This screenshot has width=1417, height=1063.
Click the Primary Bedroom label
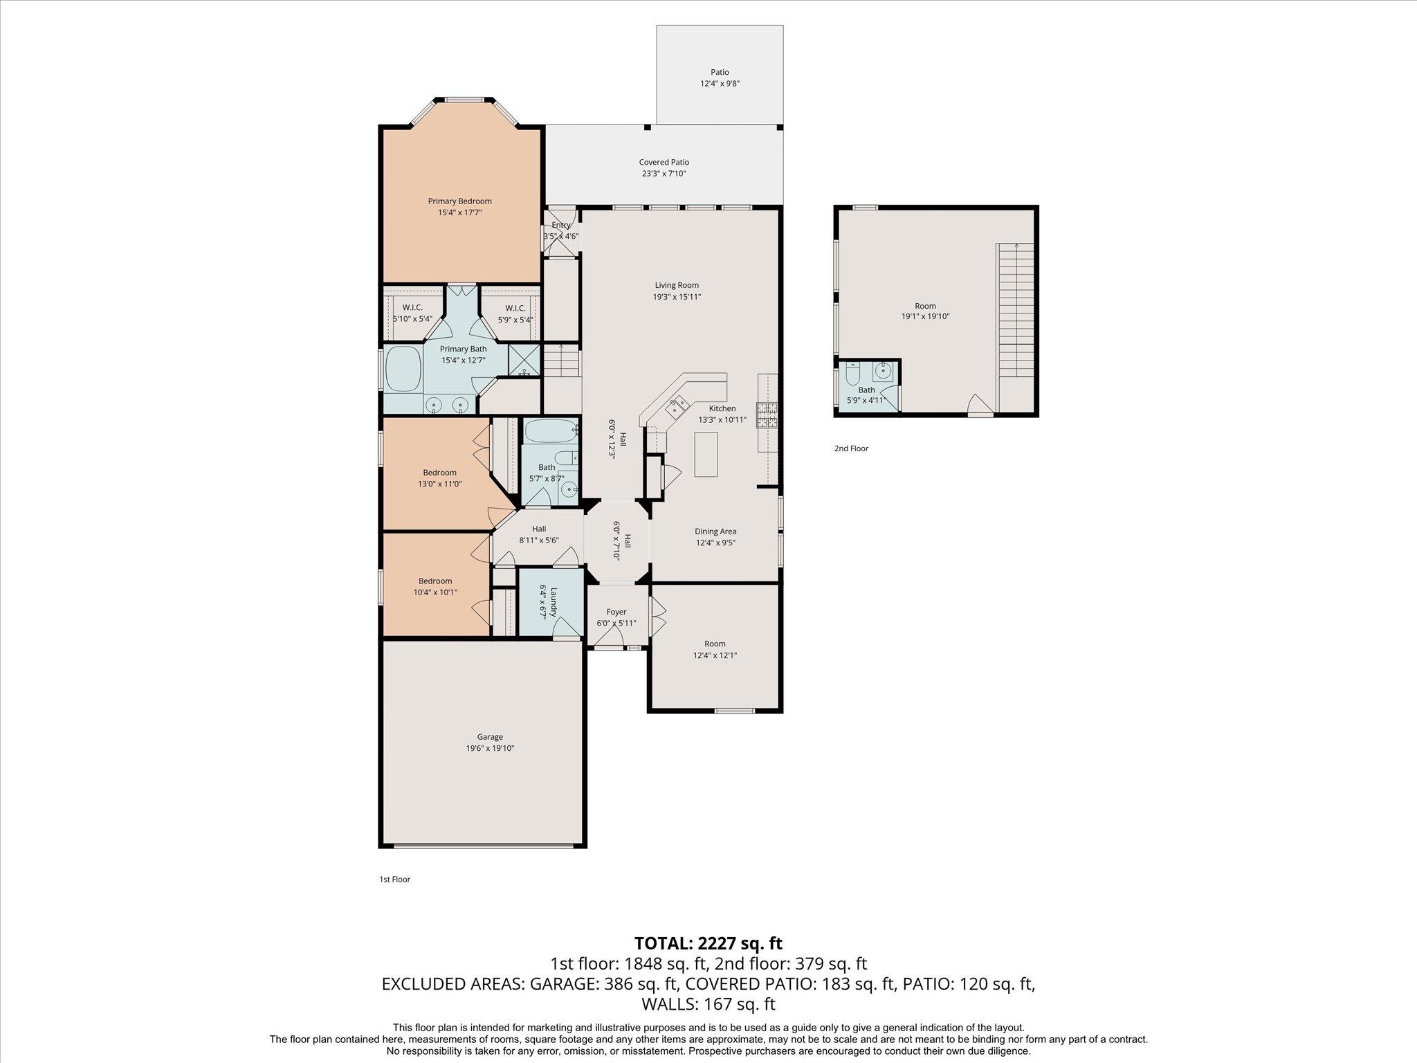coord(459,201)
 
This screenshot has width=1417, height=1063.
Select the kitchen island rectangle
coord(706,454)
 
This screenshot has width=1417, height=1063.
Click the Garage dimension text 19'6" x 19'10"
coord(490,748)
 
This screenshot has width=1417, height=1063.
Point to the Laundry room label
coord(543,602)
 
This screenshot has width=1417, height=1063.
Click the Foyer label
coord(616,612)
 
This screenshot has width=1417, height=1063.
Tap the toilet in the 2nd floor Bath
coord(852,375)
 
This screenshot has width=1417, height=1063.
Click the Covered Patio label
coord(664,163)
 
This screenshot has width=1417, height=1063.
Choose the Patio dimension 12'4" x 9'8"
coord(720,84)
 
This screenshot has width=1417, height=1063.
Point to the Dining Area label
coord(715,531)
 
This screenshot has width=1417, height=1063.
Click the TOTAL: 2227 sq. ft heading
coord(708,943)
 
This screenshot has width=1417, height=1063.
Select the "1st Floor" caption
coord(394,880)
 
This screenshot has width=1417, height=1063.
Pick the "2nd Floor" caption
coord(851,448)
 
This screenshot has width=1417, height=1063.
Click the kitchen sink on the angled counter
coord(676,406)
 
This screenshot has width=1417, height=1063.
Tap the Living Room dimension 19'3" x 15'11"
coord(677,297)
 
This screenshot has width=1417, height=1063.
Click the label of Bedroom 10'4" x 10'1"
coord(435,581)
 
